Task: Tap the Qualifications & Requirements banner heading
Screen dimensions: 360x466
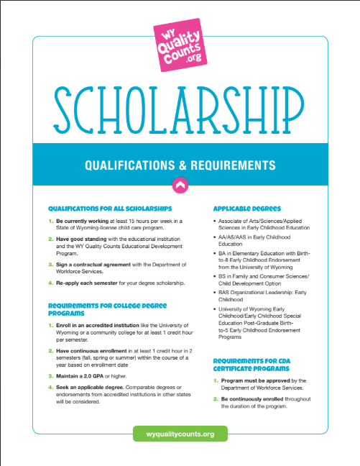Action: click(x=180, y=165)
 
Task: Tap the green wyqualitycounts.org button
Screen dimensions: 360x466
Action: click(x=180, y=434)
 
